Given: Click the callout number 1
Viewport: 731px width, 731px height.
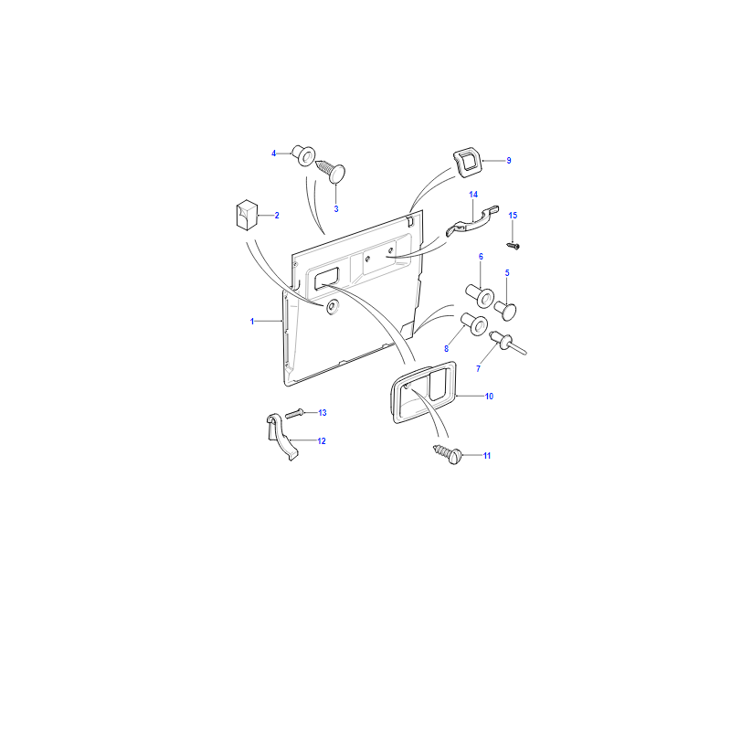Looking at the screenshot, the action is pos(252,322).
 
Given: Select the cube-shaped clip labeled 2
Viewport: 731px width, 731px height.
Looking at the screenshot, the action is pos(247,215).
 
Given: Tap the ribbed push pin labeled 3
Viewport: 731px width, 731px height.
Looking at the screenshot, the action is pos(331,171).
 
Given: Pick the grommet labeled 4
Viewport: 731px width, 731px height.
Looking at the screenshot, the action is pos(303,155).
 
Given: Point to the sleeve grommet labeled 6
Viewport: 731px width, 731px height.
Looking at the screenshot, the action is pos(481,295).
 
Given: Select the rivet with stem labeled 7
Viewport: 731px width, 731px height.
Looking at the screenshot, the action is pos(507,343).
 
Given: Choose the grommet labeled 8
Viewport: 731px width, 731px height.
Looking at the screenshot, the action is pos(474,324).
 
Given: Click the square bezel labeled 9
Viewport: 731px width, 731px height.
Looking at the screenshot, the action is pos(468,163).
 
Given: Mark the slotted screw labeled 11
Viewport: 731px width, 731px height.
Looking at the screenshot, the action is pos(448,454).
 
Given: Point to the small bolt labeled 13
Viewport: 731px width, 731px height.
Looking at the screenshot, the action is pos(294,413).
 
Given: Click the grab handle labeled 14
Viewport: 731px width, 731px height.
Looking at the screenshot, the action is pos(471,222).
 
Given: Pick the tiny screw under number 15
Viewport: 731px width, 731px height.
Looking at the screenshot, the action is pos(513,245).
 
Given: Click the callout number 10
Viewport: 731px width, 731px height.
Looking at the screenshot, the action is pos(489,397).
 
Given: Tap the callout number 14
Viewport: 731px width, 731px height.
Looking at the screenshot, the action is pos(473,195).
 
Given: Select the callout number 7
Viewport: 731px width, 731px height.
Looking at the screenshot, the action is pos(478,369).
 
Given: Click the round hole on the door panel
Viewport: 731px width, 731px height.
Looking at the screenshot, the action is pos(332,306).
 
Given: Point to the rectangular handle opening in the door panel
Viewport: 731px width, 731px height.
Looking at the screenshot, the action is pos(327,279).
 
